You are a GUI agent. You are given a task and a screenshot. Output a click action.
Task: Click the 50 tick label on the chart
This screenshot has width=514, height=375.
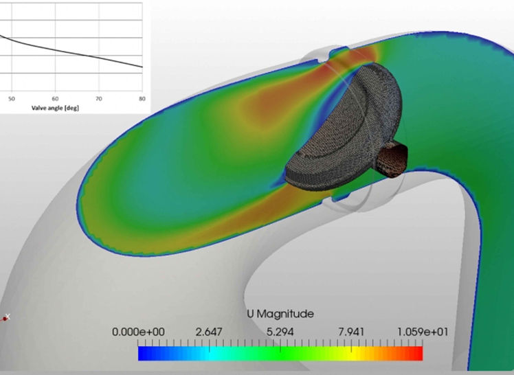coord(12,99)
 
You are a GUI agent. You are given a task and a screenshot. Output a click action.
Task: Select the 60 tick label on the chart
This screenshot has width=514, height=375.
coord(55,99)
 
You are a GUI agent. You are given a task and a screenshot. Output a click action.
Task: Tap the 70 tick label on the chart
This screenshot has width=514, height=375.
coord(99,99)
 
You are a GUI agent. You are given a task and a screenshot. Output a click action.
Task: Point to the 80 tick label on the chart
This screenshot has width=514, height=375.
coord(142,99)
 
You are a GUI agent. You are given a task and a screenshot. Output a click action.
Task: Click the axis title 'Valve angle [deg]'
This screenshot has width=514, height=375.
coord(55,108)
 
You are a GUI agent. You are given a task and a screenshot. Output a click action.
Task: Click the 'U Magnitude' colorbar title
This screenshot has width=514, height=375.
coord(280,314)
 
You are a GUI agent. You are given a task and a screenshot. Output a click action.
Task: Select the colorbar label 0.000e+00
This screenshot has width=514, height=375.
coord(138,332)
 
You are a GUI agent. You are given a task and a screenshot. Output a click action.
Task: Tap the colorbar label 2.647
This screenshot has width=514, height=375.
coord(209,332)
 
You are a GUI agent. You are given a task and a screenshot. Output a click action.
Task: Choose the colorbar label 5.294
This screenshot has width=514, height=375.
coord(280,332)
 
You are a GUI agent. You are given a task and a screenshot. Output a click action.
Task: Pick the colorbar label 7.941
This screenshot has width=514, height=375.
coord(351,332)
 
